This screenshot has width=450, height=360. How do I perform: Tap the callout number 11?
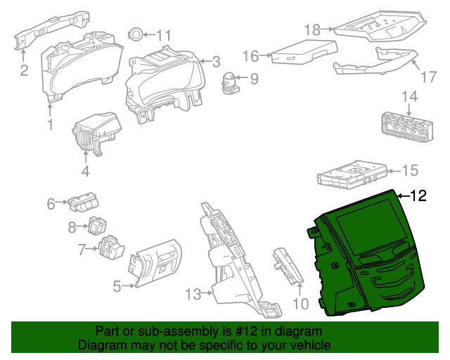point(163,35)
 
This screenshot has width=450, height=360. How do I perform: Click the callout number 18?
point(312,29)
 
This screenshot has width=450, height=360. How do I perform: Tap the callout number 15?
point(409,170)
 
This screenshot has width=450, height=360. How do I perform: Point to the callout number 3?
point(216,61)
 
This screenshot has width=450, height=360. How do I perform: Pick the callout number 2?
point(23,70)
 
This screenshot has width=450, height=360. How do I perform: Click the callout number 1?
point(50,126)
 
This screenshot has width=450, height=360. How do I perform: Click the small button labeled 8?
point(97,224)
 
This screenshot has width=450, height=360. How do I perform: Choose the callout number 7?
point(82,249)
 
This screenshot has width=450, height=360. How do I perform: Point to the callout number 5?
point(117,285)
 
